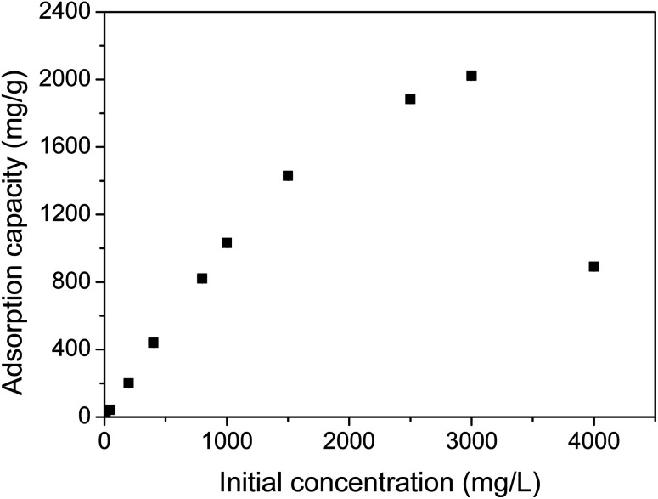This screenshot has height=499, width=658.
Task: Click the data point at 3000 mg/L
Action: [x=471, y=76]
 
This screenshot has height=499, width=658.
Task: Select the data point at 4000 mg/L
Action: [x=593, y=266]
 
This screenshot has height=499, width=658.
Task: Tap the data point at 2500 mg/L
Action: [x=410, y=99]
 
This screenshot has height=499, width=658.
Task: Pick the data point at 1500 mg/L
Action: [x=288, y=176]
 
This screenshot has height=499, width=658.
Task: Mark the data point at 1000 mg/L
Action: [x=227, y=243]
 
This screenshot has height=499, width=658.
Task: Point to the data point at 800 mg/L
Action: [x=202, y=278]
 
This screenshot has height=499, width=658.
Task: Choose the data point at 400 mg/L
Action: [x=153, y=343]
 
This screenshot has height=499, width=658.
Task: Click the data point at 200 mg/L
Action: [x=128, y=383]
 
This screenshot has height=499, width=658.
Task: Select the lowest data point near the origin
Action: [x=110, y=411]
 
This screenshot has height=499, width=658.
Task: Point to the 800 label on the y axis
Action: [x=73, y=282]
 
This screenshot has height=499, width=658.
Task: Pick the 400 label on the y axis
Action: [x=73, y=349]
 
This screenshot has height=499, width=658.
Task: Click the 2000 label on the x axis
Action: [x=349, y=439]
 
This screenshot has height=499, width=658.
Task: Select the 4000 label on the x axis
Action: [x=593, y=439]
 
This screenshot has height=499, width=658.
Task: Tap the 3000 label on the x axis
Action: [x=471, y=439]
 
